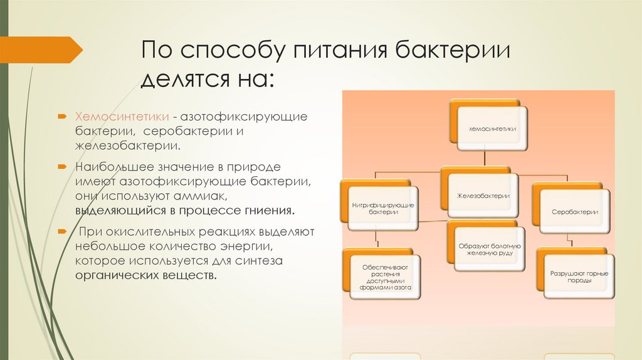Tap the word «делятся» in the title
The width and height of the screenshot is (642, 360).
pyautogui.click(x=184, y=80)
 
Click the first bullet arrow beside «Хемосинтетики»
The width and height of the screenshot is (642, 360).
pyautogui.click(x=64, y=117)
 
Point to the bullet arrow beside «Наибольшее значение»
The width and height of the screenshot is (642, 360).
pyautogui.click(x=64, y=167)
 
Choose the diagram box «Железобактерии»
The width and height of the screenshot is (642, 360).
pyautogui.click(x=483, y=196)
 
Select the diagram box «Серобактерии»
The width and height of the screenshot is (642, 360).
pyautogui.click(x=574, y=211)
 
